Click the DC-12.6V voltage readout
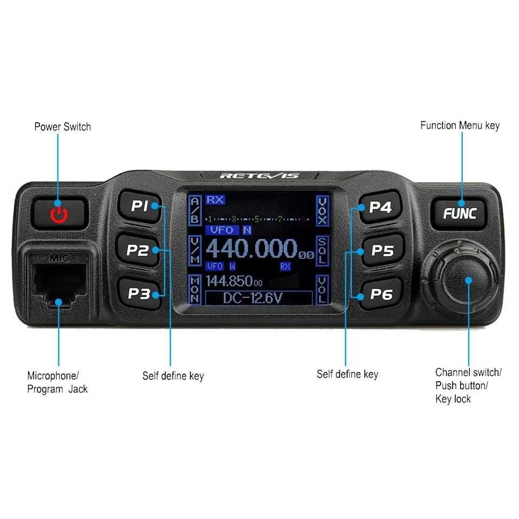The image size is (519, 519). click(260, 298)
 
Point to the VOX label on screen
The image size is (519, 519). click(322, 210)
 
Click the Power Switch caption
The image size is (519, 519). click(62, 127)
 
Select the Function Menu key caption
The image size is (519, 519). click(460, 125)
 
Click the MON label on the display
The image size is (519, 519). click(195, 290)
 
